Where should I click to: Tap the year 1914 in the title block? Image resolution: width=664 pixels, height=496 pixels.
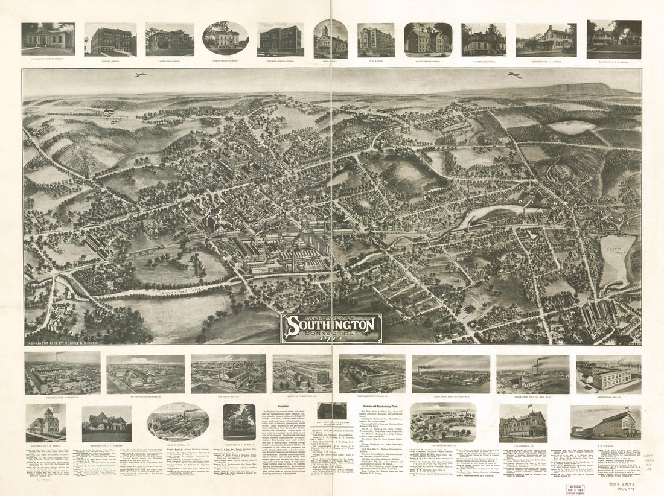[331, 339]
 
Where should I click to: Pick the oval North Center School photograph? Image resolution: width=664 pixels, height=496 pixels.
[226, 38]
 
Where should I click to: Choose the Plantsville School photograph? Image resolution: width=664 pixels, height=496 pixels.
[484, 39]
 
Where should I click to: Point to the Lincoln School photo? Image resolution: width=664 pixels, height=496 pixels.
[110, 39]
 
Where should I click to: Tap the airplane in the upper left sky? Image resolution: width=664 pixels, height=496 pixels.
[141, 75]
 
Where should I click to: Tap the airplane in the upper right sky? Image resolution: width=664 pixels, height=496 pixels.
[515, 75]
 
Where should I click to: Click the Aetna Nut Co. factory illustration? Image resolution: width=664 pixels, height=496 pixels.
[228, 374]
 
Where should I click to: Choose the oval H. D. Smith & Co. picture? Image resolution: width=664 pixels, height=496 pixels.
[178, 421]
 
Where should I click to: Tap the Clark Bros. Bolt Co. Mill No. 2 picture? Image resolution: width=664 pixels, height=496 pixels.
[532, 374]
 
